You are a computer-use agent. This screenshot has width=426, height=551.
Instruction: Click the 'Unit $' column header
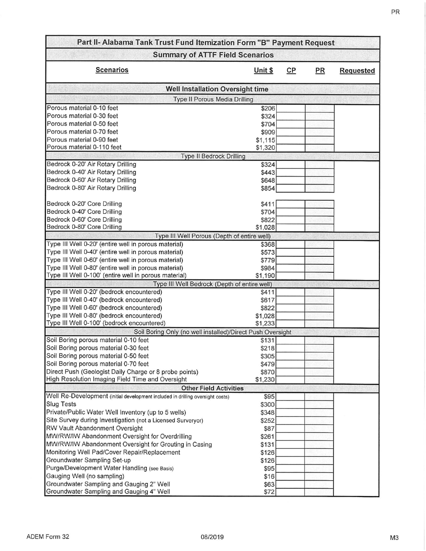click(264, 70)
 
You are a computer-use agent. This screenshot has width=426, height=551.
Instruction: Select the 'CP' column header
click(291, 70)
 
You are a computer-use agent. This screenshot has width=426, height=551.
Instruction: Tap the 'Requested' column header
click(357, 71)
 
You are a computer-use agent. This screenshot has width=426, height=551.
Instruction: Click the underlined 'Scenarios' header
click(112, 70)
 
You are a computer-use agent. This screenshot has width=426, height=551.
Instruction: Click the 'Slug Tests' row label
click(61, 404)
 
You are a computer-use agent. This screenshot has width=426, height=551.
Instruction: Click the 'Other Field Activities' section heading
click(212, 387)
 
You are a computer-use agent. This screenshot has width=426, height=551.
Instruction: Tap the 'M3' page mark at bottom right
click(394, 538)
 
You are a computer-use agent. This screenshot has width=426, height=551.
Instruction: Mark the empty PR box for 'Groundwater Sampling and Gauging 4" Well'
click(319, 492)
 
